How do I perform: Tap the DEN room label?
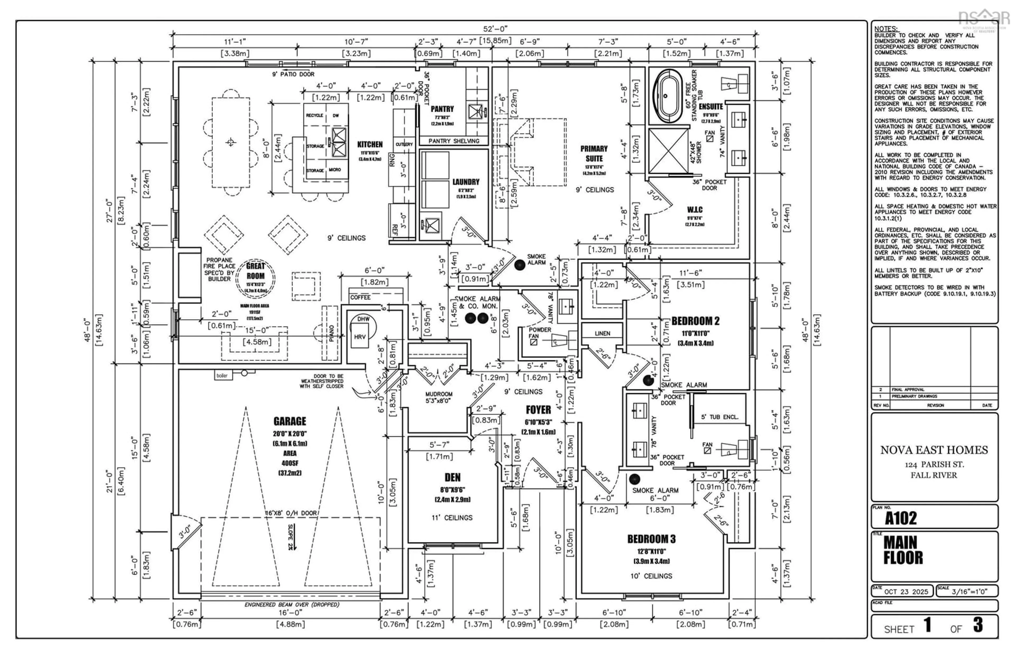(452, 477)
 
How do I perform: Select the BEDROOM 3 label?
(651, 539)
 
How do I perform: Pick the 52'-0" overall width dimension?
(495, 29)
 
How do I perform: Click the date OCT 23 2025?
(906, 591)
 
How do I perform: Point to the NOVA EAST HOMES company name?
(934, 450)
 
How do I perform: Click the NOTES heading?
(885, 29)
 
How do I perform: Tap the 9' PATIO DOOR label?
(293, 74)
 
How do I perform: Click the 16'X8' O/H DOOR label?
(291, 513)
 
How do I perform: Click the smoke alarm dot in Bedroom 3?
(635, 479)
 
